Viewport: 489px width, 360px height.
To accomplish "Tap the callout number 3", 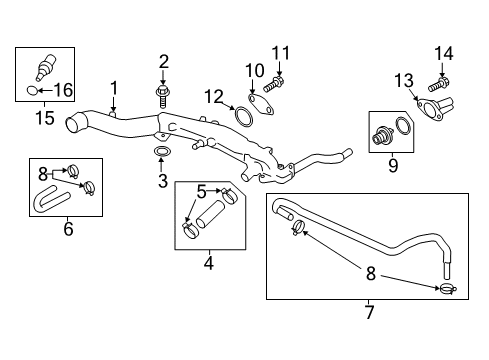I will pyautogui.click(x=161, y=182).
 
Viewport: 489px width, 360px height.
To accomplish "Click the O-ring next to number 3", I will pyautogui.click(x=161, y=152).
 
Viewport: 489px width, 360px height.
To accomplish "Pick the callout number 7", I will pyautogui.click(x=368, y=314).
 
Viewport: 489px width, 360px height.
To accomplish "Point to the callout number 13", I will pyautogui.click(x=403, y=80).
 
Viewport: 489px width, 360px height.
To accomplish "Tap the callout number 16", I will pyautogui.click(x=62, y=89).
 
